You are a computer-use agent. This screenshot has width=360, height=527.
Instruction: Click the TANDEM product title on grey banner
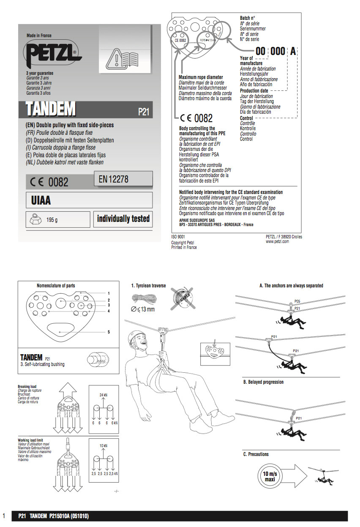coord(50,109)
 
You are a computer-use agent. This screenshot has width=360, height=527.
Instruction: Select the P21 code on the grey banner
coord(144,112)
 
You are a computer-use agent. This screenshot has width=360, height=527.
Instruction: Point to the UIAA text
coord(41,200)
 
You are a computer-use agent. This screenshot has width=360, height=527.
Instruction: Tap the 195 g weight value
coord(52,220)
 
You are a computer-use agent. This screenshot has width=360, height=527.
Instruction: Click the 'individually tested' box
coord(123,219)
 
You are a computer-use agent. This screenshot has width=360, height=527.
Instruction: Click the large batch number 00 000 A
coord(276,52)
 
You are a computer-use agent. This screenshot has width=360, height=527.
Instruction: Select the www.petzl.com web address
coord(277,241)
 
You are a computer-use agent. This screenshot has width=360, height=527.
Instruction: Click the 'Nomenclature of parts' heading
coord(56,286)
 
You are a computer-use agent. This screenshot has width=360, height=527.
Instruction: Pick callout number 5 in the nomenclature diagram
coord(109,332)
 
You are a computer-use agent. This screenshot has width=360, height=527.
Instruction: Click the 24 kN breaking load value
coord(104,395)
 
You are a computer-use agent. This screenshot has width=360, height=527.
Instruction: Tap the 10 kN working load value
coord(104,446)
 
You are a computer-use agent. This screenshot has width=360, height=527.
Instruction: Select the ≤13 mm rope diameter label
coord(143,309)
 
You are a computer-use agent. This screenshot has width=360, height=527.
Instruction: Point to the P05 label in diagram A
coord(297,301)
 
